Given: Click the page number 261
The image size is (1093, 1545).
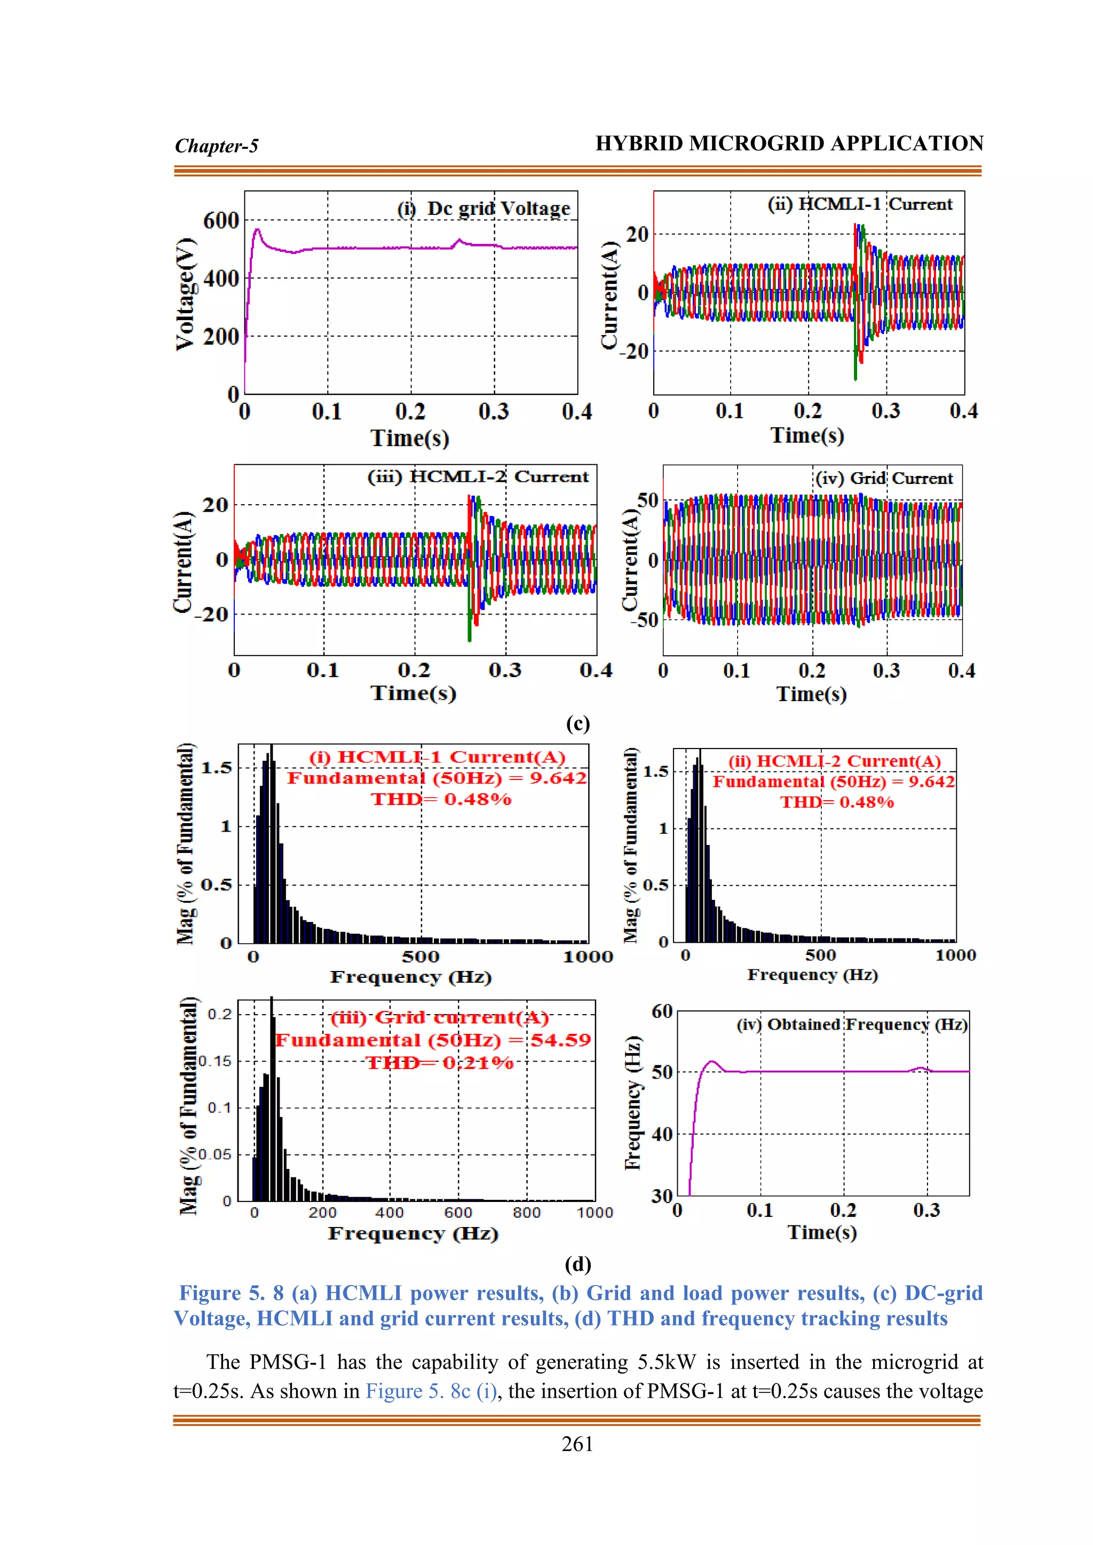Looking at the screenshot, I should [577, 1444].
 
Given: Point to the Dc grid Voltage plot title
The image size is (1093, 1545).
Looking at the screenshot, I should [485, 208].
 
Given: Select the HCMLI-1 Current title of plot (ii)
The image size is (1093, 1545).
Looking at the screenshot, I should [860, 204].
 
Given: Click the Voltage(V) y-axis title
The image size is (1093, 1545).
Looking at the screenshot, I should [185, 294].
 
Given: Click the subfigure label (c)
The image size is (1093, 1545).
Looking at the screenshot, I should [577, 723].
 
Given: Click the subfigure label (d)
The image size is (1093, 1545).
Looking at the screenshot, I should [577, 1264].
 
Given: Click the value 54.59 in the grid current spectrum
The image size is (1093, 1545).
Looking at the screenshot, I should [560, 1040].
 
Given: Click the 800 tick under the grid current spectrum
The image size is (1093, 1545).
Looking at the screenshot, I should [526, 1213].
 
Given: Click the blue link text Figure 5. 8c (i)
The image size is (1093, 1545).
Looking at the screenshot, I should [431, 1391].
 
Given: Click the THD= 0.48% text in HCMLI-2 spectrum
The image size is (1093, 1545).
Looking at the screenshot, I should [837, 802].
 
